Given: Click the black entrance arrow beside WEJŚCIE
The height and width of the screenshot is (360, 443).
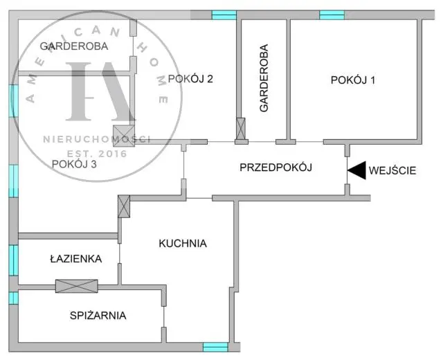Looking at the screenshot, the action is (x=357, y=170).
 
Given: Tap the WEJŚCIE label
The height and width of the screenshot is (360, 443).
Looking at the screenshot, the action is (x=392, y=171).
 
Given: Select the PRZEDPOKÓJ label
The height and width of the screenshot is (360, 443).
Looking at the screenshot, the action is (x=275, y=168).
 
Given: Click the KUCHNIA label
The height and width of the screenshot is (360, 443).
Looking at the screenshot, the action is (x=183, y=243).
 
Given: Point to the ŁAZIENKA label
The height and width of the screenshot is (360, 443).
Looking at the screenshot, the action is (x=76, y=258).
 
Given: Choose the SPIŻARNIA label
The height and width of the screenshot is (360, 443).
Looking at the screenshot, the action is (x=98, y=316).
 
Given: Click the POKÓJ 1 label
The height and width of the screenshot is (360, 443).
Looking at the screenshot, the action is (x=353, y=80).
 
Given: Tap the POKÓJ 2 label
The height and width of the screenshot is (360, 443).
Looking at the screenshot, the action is (x=190, y=79).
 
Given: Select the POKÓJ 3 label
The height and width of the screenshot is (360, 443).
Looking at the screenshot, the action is (x=74, y=164).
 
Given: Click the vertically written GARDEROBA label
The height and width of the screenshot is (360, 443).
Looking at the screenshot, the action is (x=264, y=78).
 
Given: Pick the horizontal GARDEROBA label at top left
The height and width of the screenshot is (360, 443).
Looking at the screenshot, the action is (x=74, y=46).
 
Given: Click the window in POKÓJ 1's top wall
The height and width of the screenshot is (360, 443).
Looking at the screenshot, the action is (x=332, y=15).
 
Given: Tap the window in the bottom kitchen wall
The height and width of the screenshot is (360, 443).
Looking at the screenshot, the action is (x=215, y=347).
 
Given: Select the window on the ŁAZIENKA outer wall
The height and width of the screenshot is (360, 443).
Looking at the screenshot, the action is (x=13, y=260).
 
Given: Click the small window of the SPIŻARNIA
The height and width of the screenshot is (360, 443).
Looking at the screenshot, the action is (x=13, y=298).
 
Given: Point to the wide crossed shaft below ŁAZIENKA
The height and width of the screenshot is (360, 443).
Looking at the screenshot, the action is (x=77, y=286).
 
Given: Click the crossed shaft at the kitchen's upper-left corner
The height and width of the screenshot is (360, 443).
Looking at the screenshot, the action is (x=124, y=206).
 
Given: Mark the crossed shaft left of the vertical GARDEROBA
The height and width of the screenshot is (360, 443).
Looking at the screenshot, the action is (x=241, y=129).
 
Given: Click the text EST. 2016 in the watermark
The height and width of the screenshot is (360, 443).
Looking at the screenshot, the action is (x=97, y=154).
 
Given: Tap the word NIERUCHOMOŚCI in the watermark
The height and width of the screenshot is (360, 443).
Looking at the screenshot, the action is (x=96, y=138).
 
